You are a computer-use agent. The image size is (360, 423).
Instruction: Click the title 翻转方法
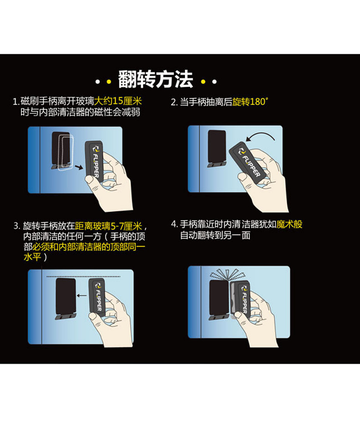(x=155, y=79)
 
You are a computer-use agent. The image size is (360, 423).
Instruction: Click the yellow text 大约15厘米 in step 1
(x=118, y=101)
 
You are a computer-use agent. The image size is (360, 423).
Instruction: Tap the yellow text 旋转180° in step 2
(x=250, y=102)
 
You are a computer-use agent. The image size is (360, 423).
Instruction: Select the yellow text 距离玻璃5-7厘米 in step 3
(x=108, y=226)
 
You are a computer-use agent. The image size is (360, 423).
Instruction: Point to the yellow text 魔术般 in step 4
(x=289, y=224)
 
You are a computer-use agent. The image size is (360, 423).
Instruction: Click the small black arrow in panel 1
(x=79, y=168)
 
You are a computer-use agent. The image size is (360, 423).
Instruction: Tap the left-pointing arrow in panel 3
(x=82, y=296)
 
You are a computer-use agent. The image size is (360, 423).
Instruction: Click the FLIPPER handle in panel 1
(x=94, y=161)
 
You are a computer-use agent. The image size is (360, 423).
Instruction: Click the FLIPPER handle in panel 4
(x=242, y=298)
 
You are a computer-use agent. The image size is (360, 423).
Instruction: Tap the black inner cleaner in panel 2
(x=217, y=148)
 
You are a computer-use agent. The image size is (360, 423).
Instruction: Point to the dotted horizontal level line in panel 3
(x=83, y=276)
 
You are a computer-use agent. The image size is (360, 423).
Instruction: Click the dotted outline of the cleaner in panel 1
(x=66, y=153)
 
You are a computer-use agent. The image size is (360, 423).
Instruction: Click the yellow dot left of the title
(x=109, y=82)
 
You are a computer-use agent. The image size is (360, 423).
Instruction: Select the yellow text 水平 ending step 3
(x=32, y=256)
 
